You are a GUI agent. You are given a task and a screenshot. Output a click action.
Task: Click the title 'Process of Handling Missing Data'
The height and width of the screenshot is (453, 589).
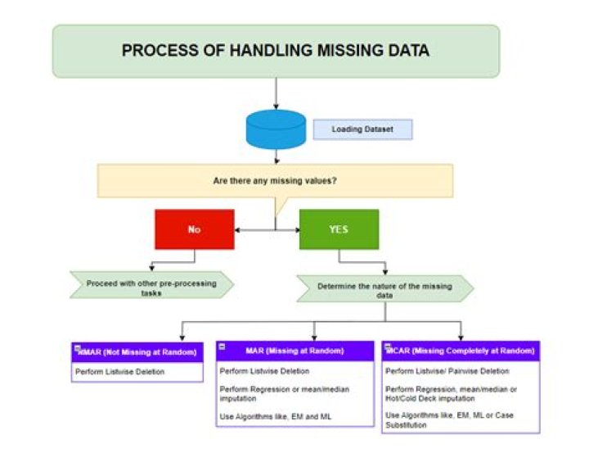point(276,51)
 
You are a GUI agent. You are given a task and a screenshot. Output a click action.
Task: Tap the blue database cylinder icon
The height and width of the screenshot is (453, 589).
point(276,130)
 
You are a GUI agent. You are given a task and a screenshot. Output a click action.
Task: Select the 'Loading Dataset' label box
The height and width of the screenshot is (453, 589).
point(362,129)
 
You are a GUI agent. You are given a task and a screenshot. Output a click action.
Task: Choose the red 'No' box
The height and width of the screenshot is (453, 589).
point(194,229)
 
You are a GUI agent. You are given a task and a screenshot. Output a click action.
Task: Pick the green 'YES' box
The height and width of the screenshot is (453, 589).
point(339,229)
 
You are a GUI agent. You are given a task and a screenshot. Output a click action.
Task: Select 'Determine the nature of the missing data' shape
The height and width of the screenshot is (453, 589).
point(384,288)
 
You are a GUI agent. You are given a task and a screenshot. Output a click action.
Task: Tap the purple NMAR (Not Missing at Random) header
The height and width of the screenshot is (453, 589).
point(137,351)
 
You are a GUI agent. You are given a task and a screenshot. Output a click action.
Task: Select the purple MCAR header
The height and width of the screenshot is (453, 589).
point(461,351)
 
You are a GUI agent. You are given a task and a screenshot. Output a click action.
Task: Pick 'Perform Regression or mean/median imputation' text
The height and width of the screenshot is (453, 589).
point(285,393)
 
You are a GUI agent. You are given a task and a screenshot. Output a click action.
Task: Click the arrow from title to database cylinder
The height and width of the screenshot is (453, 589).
point(276,94)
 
